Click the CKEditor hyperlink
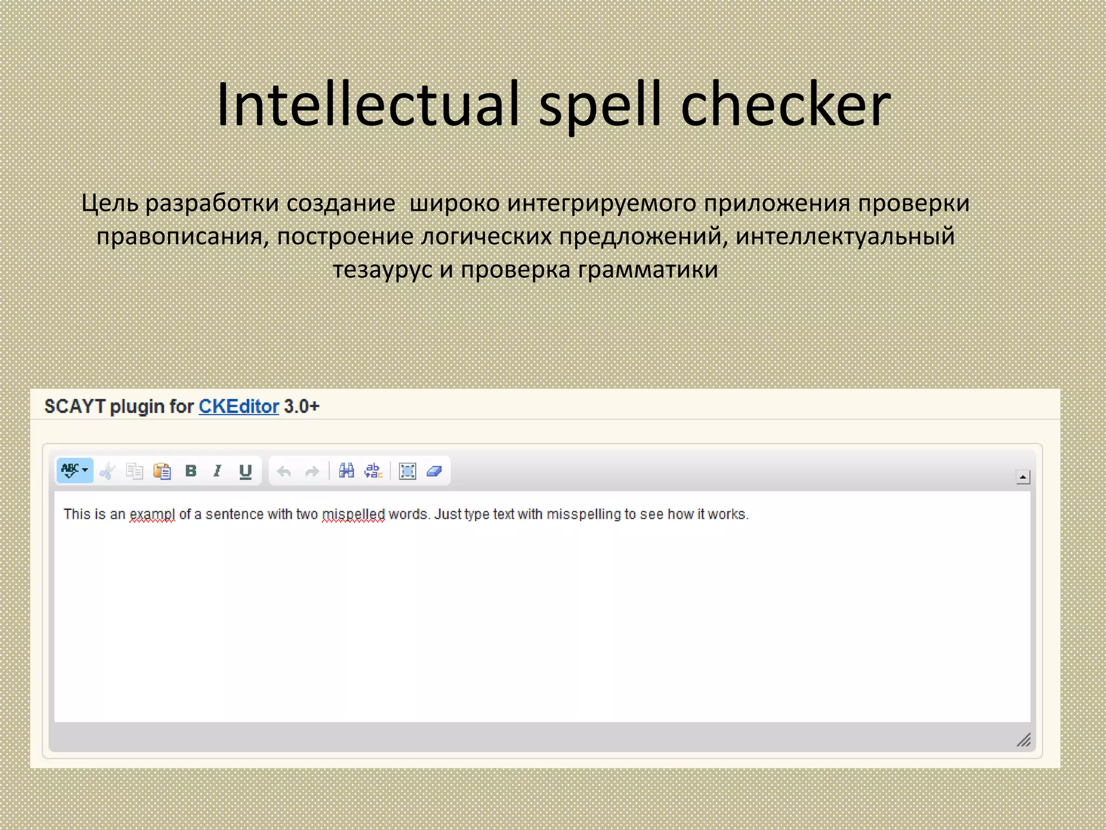(239, 406)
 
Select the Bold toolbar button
(191, 471)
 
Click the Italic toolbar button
(218, 471)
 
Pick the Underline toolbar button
(245, 471)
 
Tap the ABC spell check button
(74, 471)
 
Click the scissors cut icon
(107, 471)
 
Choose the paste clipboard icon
(162, 471)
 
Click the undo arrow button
(284, 471)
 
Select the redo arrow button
(312, 471)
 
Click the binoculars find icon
(346, 471)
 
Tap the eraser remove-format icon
(434, 471)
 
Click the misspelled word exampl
(152, 514)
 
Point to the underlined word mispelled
(353, 514)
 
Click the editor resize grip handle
(1023, 739)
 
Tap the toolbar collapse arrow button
(1023, 477)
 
